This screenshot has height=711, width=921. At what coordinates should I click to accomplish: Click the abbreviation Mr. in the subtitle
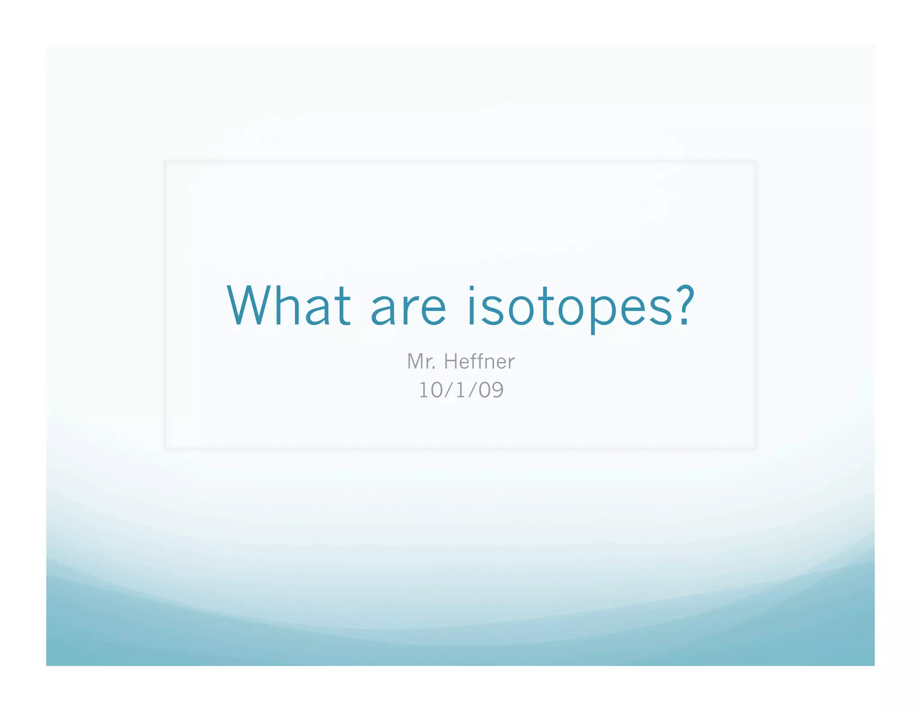click(421, 362)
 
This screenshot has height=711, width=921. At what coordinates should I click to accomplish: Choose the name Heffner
click(479, 362)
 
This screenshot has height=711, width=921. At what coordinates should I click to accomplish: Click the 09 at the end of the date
click(491, 390)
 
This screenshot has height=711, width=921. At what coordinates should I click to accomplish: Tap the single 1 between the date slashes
click(460, 390)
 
